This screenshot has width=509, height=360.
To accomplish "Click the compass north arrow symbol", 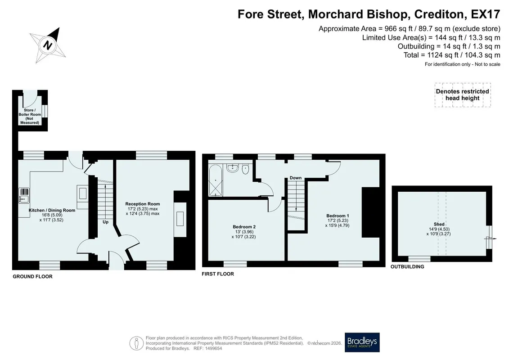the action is (48, 45).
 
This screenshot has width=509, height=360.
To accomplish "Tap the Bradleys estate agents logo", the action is (362, 342).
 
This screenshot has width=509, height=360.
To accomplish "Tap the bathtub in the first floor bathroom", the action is (216, 180).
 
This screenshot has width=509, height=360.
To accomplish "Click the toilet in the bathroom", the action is (245, 169).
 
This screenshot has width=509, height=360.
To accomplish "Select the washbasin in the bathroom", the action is (232, 168).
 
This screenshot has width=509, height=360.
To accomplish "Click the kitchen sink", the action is (24, 195).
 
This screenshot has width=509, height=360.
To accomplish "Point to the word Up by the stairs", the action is (105, 222).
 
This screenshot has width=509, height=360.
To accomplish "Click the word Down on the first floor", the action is (295, 178).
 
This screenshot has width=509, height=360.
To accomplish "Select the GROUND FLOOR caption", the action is (32, 277).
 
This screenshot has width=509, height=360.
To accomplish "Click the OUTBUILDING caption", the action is (407, 267).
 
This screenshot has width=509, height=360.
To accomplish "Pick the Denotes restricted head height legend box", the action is (463, 95).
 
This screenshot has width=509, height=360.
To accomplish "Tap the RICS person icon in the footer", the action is (136, 343).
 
